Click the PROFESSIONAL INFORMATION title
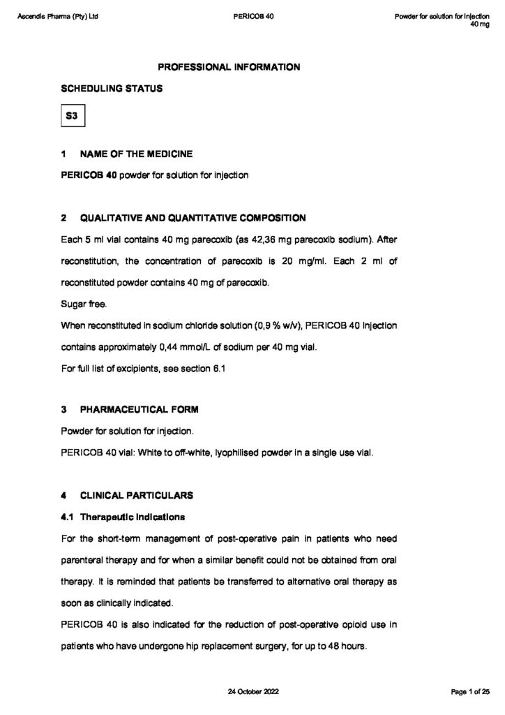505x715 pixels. tap(229, 67)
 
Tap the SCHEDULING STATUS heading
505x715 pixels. tap(112, 89)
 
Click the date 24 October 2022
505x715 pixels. tap(252, 691)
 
